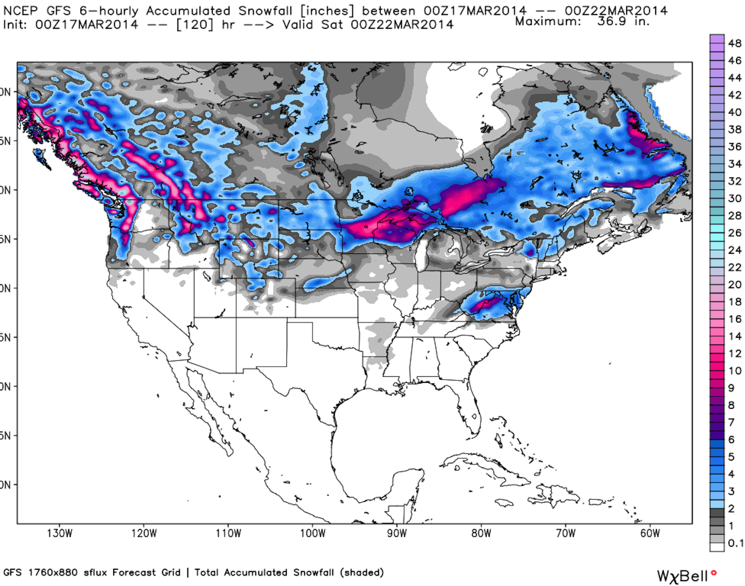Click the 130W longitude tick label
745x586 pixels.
pyautogui.click(x=59, y=534)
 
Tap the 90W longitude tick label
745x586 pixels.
pyautogui.click(x=397, y=534)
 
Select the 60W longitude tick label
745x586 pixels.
pyautogui.click(x=650, y=534)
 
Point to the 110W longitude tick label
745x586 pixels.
pyautogui.click(x=228, y=534)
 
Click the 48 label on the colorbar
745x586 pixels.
pyautogui.click(x=735, y=44)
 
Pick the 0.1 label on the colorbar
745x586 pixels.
pyautogui.click(x=735, y=543)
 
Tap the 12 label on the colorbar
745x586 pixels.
pyautogui.click(x=735, y=354)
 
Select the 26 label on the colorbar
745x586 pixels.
pyautogui.click(x=735, y=233)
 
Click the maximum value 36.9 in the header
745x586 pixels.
pyautogui.click(x=612, y=21)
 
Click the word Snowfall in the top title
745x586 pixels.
pyautogui.click(x=265, y=11)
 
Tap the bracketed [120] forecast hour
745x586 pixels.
pyautogui.click(x=195, y=25)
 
